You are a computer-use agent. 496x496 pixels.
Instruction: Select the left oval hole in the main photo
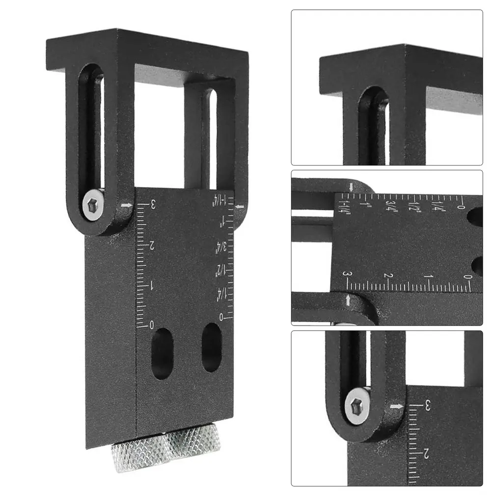pyautogui.click(x=163, y=354)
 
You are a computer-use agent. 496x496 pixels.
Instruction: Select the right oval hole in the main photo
pyautogui.click(x=212, y=347)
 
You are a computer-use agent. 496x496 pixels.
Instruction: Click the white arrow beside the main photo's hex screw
pyautogui.click(x=126, y=206)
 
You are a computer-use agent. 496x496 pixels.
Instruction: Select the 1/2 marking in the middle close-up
pyautogui.click(x=415, y=205)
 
